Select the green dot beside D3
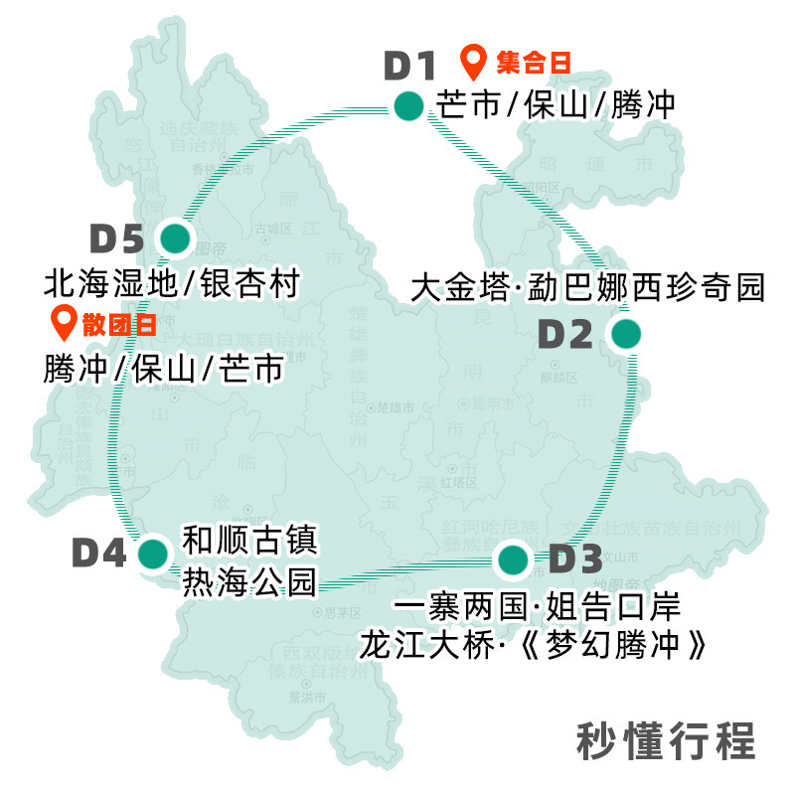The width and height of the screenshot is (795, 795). pos(513,559)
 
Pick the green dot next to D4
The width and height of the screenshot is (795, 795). pos(153,554)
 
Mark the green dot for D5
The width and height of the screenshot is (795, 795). pos(175,238)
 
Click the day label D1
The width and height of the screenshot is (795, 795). pos(410,67)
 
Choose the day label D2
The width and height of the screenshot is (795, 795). pos(565,335)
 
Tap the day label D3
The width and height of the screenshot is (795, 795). pos(575,559)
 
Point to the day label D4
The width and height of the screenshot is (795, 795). pos(99,554)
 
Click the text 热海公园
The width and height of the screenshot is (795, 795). pos(248,581)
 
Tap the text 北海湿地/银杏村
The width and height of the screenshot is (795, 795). pos(171,285)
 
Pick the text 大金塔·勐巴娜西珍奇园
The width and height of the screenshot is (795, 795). pos(588,288)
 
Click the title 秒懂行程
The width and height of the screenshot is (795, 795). pos(666,741)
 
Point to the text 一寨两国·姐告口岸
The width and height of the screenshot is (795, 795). pos(537,608)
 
